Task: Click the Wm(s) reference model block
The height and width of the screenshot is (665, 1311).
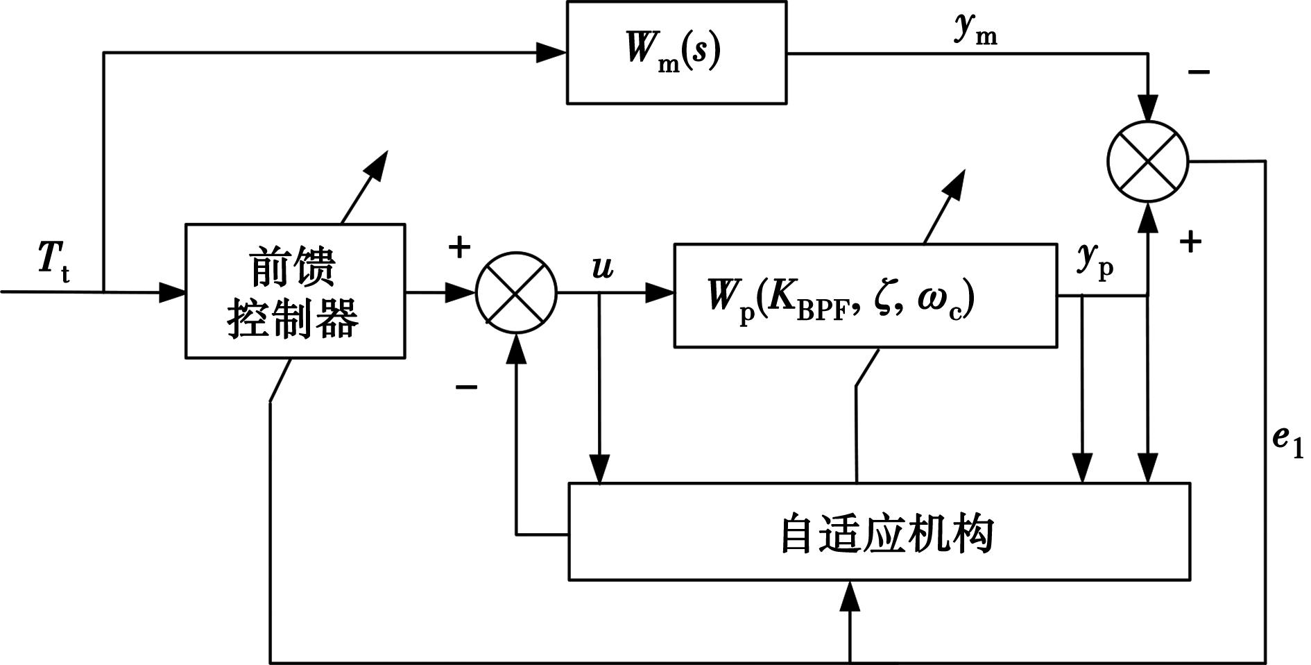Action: point(676,52)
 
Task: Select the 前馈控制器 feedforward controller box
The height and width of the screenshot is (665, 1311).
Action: point(295,291)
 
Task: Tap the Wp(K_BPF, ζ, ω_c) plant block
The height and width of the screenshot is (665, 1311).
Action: point(865,296)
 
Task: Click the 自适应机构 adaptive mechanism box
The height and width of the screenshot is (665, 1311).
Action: point(879,532)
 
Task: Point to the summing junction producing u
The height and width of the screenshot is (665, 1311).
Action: point(516,292)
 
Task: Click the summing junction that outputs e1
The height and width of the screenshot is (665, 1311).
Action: point(1148,161)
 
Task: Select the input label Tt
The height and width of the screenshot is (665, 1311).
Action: point(53,264)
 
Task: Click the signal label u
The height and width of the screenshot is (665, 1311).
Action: point(603,267)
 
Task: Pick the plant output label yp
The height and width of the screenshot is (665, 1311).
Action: point(1095,260)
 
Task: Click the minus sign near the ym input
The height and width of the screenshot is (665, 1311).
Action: point(1199,71)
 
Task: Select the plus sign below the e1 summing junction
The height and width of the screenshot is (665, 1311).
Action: point(1190,242)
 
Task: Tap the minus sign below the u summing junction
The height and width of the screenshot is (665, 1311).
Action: point(465,386)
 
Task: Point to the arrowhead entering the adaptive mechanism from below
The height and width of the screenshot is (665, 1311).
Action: point(850,596)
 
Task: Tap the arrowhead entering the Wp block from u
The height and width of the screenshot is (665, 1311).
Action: point(660,292)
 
